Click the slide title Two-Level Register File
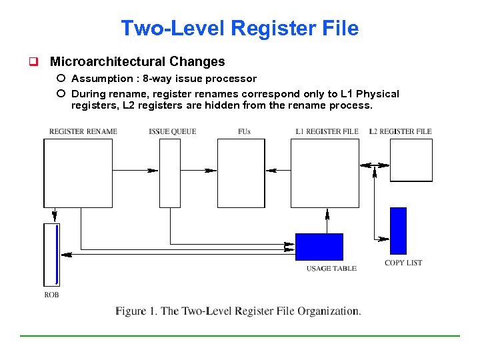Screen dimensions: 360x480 pyautogui.click(x=239, y=29)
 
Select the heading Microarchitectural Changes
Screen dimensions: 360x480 pyautogui.click(x=137, y=62)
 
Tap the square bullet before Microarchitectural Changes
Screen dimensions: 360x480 pyautogui.click(x=31, y=62)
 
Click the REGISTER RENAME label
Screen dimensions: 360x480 pyautogui.click(x=83, y=131)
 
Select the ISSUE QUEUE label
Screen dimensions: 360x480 pyautogui.click(x=172, y=131)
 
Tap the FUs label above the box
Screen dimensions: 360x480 pyautogui.click(x=244, y=131)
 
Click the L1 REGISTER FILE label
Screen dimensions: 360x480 pyautogui.click(x=327, y=131)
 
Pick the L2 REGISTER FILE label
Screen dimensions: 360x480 pyautogui.click(x=400, y=131)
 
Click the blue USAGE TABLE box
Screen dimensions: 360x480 pyautogui.click(x=319, y=246)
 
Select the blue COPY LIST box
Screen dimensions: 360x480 pyautogui.click(x=397, y=231)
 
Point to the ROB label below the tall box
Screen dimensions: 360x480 pyautogui.click(x=51, y=294)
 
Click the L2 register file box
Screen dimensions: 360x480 pyautogui.click(x=411, y=159)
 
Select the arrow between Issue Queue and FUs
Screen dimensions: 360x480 pyautogui.click(x=199, y=171)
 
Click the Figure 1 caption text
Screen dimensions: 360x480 pyautogui.click(x=238, y=311)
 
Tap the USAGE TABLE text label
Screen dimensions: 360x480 pyautogui.click(x=331, y=269)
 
